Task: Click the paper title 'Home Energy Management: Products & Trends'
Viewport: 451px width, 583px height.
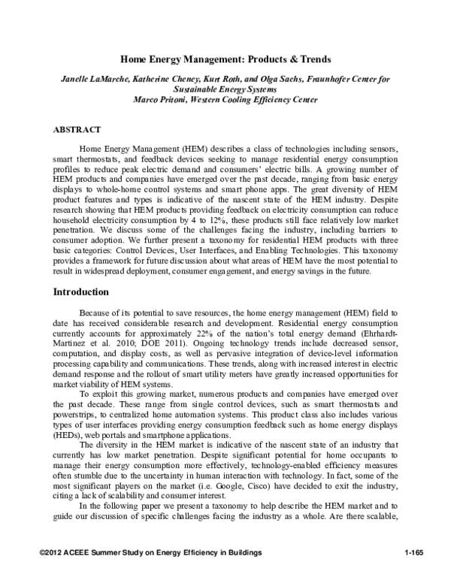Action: [225, 59]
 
